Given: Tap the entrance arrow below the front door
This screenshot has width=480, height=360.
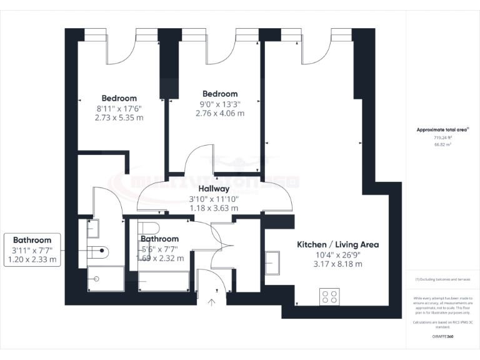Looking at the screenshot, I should pyautogui.click(x=211, y=302).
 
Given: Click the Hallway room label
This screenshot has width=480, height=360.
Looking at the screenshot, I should pyautogui.click(x=214, y=188).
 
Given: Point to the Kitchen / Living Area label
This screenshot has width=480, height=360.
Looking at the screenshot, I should pyautogui.click(x=337, y=244).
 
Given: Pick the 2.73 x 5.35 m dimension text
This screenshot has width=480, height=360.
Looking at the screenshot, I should pyautogui.click(x=119, y=117).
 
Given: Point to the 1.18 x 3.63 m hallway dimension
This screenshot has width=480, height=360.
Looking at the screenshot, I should pyautogui.click(x=214, y=207).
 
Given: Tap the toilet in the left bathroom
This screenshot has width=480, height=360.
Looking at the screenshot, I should pyautogui.click(x=99, y=252).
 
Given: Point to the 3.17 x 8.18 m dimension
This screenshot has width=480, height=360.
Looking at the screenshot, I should pyautogui.click(x=337, y=264).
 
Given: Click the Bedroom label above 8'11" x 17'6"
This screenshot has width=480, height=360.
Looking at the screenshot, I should pyautogui.click(x=119, y=98).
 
